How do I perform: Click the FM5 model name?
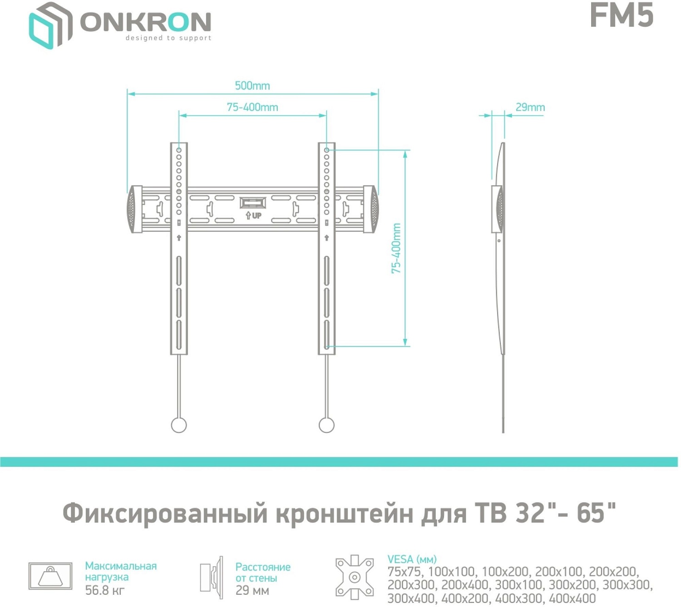coord(621,15)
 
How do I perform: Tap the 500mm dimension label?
coord(252,86)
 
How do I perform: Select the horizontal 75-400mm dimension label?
coord(252,108)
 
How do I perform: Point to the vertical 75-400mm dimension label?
coord(396,248)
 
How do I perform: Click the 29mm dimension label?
coord(530,108)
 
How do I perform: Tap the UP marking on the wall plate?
coord(254,215)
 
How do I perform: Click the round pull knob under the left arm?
coord(179,425)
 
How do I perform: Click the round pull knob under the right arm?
coord(326,425)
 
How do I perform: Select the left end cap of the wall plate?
coord(134,209)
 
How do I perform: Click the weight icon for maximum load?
coord(50,576)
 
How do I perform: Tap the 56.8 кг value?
coord(105,590)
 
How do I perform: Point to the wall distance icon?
coord(212,577)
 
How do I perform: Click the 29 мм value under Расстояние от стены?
coord(252,591)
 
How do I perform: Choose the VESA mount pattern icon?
coord(355,577)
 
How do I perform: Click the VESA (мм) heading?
coord(412,559)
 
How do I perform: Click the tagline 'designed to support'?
coord(168,38)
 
